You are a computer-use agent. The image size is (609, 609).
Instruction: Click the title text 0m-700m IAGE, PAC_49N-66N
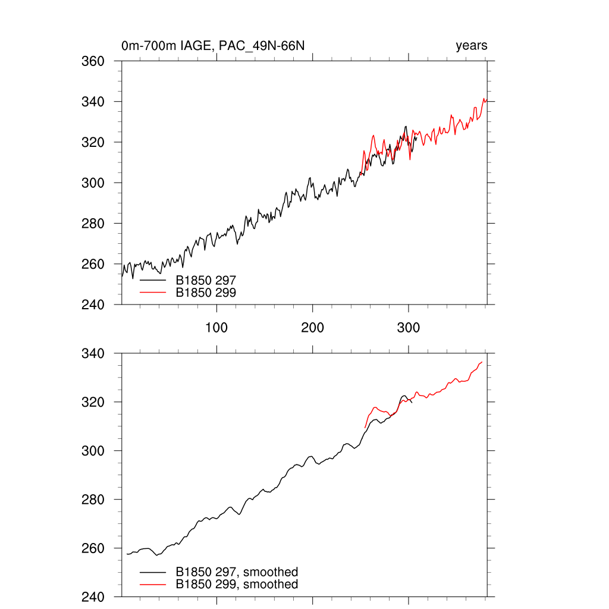[x=213, y=46]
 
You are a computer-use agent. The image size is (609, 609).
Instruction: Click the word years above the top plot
[x=472, y=46]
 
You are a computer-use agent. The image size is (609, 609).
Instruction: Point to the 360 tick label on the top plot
[x=93, y=61]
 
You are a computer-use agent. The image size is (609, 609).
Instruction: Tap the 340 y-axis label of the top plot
[x=93, y=102]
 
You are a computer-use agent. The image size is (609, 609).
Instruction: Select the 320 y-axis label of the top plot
[x=93, y=142]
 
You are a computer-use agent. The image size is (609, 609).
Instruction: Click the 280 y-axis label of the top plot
[x=93, y=224]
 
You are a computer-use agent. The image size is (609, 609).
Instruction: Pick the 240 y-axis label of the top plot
[x=93, y=304]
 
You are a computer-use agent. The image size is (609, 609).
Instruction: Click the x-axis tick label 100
[x=216, y=328]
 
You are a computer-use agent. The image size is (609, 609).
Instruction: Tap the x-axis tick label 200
[x=312, y=328]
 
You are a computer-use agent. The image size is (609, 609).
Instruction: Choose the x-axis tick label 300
[x=409, y=328]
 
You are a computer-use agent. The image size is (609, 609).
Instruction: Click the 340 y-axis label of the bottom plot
[x=93, y=354]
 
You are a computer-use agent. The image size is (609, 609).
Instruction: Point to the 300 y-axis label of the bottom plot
[x=93, y=451]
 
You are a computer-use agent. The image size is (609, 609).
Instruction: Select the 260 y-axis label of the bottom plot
[x=93, y=548]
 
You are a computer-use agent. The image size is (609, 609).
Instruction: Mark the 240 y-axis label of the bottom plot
[x=93, y=597]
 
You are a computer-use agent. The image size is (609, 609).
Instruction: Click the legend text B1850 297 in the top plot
[x=206, y=280]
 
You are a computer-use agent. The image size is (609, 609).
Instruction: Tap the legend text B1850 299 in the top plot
[x=206, y=292]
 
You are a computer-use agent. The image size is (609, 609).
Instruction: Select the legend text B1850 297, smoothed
[x=237, y=572]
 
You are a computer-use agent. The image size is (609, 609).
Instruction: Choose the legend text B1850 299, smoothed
[x=237, y=585]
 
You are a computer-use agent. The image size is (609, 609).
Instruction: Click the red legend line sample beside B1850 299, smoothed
[x=152, y=585]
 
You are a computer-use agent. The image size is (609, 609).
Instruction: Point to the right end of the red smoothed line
[x=482, y=362]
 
